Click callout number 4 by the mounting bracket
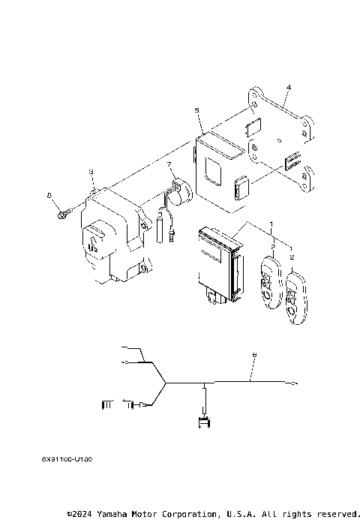pos(288,89)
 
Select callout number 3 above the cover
pos(91,172)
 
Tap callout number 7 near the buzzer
pos(169,164)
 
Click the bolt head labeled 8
pos(59,215)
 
